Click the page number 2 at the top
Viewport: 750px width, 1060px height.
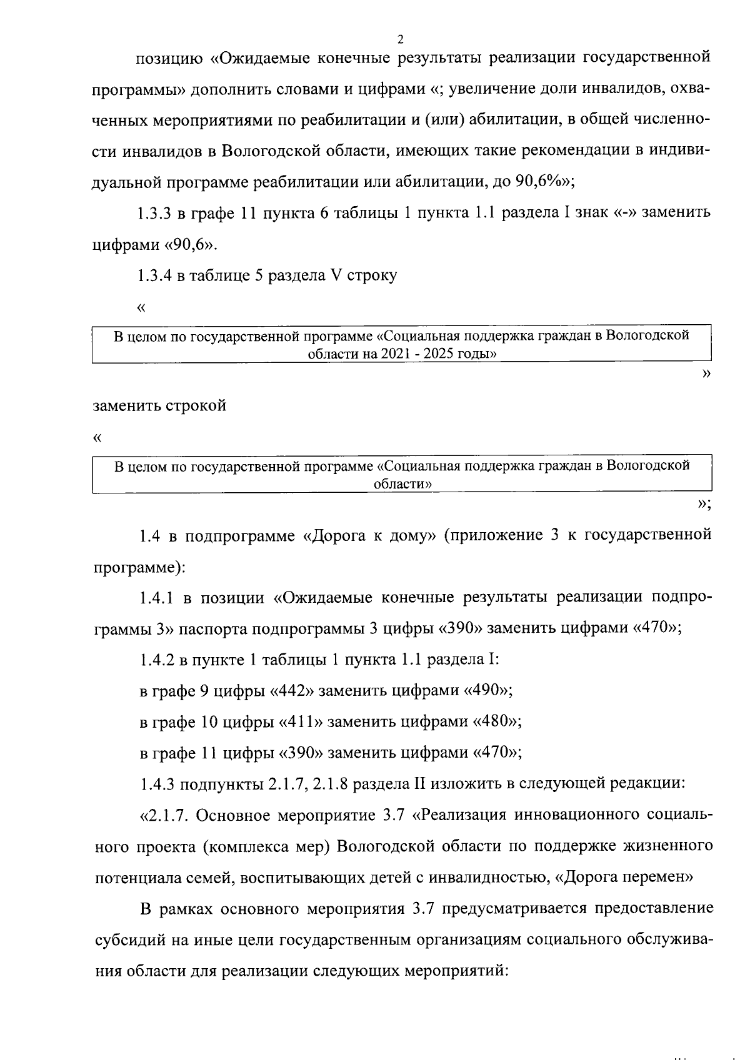[400, 39]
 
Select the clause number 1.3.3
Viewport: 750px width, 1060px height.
[155, 213]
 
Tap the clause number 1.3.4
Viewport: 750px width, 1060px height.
[155, 275]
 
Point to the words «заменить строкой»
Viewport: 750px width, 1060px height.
[160, 405]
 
